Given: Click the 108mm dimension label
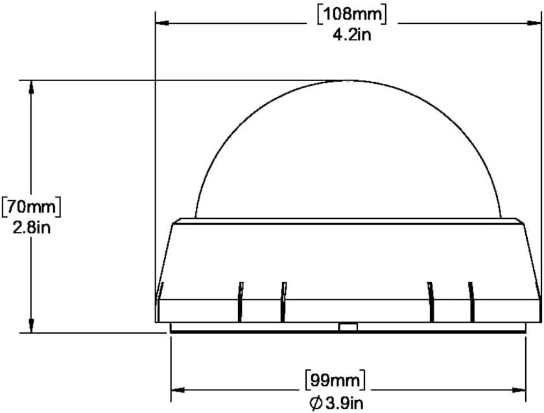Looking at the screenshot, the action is point(352,15).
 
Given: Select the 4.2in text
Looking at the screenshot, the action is point(352,34).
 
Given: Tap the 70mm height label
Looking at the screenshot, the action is point(31,207).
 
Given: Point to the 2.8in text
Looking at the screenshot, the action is point(32,228).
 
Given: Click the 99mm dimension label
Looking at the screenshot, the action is point(335,381).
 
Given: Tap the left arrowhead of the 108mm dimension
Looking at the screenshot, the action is point(162,23).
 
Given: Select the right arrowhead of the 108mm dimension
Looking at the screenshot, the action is point(534,23).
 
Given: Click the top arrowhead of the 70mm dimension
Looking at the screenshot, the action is point(31,87).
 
